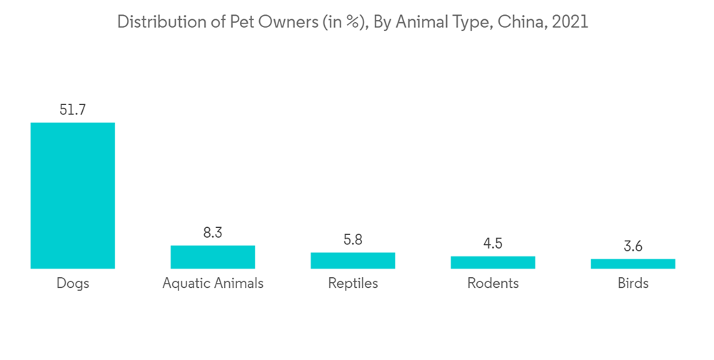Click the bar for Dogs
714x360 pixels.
[x=72, y=195]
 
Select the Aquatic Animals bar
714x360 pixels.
[x=213, y=256]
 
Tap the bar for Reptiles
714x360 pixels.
[x=353, y=260]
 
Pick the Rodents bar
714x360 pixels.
[x=493, y=262]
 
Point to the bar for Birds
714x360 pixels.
[x=633, y=264]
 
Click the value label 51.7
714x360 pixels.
[x=72, y=110]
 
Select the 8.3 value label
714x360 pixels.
[x=213, y=233]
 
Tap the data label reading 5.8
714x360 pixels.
[x=353, y=240]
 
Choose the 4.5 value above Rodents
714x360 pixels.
[x=493, y=244]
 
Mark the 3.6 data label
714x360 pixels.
[x=633, y=246]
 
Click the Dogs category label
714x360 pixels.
[x=72, y=284]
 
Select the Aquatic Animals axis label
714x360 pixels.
[x=213, y=284]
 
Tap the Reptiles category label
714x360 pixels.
[x=353, y=284]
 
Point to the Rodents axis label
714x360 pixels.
[x=493, y=284]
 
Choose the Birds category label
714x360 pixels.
[x=633, y=284]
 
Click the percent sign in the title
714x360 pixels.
[x=351, y=21]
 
